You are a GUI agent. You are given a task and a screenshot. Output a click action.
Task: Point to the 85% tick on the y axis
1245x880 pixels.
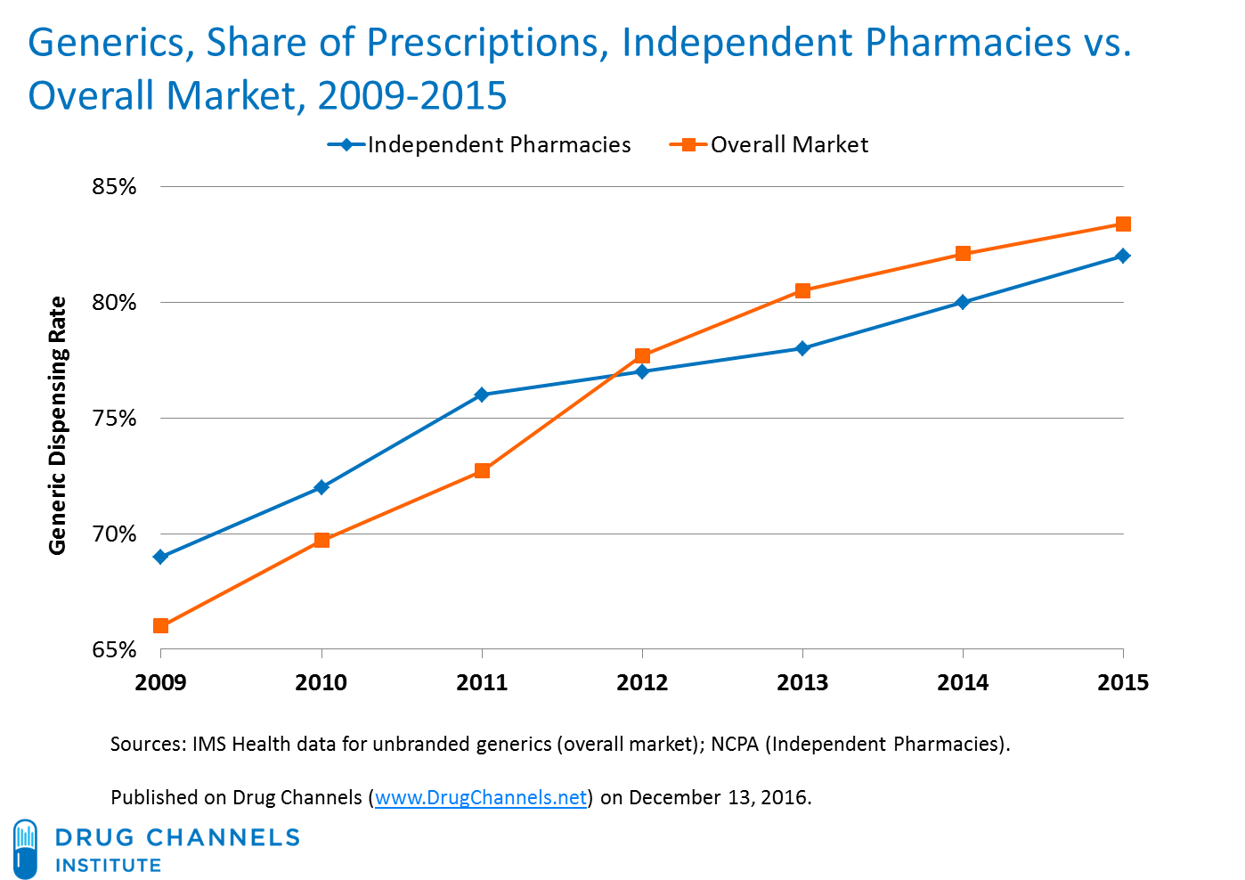[x=114, y=187]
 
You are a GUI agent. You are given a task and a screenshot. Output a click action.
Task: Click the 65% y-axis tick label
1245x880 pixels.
[x=114, y=650]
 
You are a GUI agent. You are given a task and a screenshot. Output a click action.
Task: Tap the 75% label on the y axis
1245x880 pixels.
[x=114, y=419]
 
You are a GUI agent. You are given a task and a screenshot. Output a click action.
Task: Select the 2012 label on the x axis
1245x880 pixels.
[x=642, y=683]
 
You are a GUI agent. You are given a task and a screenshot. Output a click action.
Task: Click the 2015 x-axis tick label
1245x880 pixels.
[x=1123, y=683]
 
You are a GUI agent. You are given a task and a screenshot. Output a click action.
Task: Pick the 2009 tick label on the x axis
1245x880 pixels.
[x=160, y=683]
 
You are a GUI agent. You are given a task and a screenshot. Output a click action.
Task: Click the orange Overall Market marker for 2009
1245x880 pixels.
[x=160, y=626]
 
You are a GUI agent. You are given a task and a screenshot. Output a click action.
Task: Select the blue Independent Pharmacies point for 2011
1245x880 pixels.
[x=482, y=395]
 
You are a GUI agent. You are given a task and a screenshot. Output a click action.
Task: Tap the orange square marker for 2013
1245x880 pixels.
[x=802, y=290]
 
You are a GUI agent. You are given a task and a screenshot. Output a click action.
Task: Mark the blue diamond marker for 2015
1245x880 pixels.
[x=1123, y=256]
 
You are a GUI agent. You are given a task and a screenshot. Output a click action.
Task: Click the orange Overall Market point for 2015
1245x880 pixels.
[x=1123, y=224]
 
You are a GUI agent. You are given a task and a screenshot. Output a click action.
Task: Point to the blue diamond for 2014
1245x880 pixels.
[x=963, y=302]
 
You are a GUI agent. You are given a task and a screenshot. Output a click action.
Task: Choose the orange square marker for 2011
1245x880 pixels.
[x=482, y=471]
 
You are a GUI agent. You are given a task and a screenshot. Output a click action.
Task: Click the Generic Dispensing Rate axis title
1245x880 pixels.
[x=58, y=425]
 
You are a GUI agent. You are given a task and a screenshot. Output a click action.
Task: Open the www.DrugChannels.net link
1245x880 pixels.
[x=481, y=797]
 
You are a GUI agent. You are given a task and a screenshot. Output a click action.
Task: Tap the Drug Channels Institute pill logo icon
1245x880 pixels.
[x=26, y=849]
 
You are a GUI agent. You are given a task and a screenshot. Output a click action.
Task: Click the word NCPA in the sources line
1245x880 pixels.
[x=735, y=744]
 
